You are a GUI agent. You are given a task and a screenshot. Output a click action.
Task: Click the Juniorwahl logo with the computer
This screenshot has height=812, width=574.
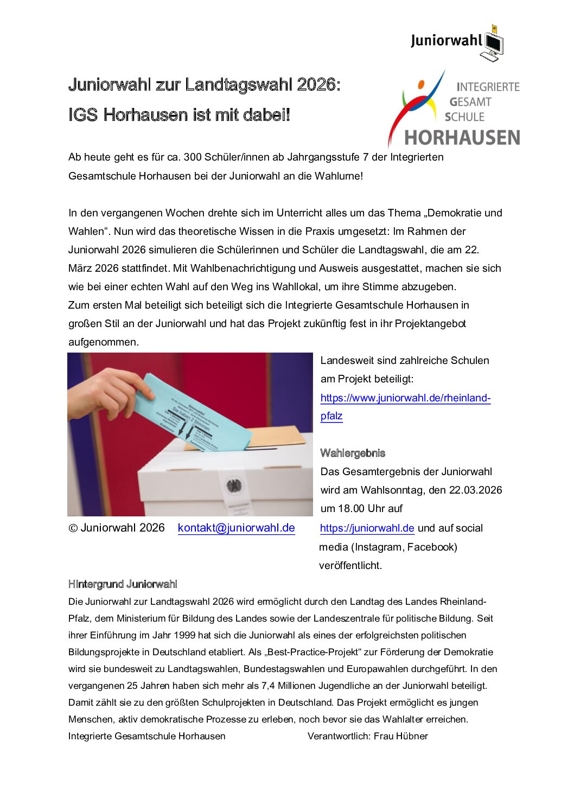pos(457,42)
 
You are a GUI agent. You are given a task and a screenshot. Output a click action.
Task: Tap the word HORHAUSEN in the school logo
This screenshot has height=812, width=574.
pos(462,138)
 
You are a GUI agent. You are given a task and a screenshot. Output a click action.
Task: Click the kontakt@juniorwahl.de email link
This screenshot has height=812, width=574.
pos(236,528)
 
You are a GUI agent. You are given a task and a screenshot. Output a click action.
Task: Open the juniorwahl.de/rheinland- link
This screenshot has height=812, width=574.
pos(405,398)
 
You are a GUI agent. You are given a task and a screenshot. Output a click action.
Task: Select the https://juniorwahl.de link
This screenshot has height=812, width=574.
pos(367,528)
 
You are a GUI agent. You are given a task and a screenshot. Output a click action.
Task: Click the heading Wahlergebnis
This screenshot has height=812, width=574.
pos(353,453)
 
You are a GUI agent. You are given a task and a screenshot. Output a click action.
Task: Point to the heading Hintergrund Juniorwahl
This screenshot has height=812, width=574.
pos(123,584)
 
